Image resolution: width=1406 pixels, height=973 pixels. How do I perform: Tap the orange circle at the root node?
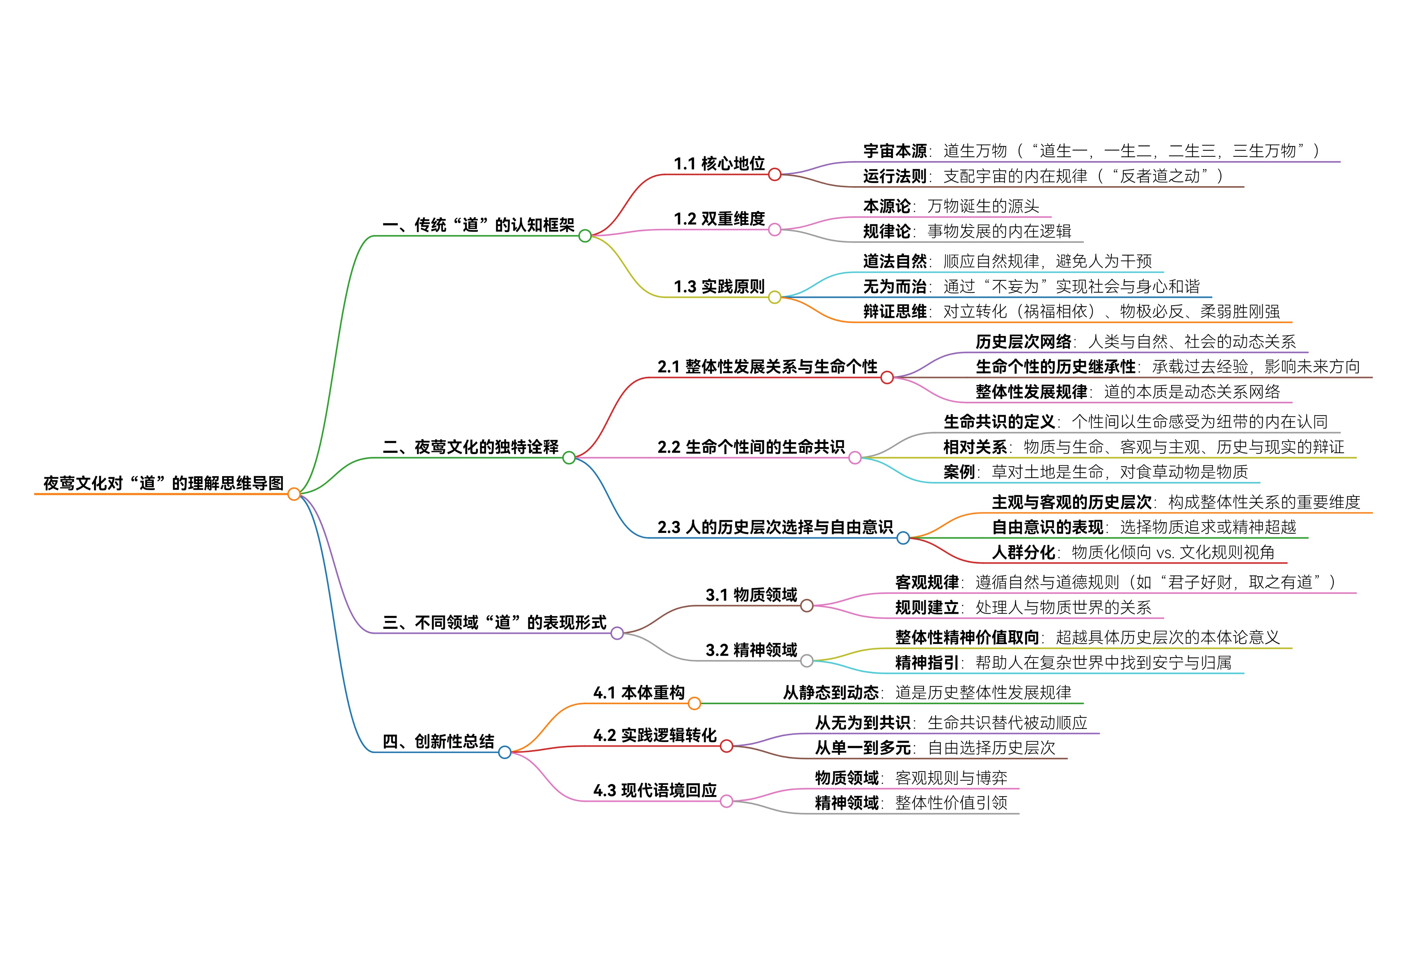294,494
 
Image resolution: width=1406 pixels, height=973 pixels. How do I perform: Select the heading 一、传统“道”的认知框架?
478,225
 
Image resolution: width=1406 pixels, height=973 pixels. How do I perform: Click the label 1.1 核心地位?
719,163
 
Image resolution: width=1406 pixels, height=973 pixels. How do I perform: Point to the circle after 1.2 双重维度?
775,230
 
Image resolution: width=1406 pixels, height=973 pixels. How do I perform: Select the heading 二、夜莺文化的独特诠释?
470,447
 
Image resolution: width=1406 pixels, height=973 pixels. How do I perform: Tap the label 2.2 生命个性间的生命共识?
751,447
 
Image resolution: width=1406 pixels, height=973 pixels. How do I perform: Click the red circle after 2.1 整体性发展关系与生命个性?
887,378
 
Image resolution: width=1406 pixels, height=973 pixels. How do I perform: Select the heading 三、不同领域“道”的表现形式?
494,622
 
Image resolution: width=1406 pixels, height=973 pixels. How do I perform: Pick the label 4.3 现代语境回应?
655,791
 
